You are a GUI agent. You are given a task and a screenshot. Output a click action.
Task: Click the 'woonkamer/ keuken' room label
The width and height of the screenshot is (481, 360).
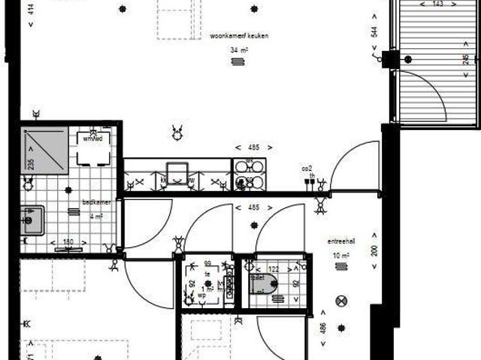pos(239,35)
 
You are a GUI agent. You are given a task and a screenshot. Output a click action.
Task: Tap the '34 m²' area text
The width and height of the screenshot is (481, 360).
pos(240,50)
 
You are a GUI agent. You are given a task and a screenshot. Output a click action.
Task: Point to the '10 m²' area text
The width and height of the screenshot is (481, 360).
pos(340,256)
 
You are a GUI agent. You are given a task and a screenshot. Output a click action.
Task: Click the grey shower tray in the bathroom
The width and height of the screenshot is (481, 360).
pos(45,151)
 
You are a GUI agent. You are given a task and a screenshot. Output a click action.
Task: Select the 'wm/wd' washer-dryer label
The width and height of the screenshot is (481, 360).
pos(92,138)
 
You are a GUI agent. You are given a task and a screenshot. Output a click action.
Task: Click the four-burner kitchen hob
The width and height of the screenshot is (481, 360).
pos(249,174)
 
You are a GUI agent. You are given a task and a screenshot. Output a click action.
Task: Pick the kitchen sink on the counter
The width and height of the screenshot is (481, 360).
pos(178,174)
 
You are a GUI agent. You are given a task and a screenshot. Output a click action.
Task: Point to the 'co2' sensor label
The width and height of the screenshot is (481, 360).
pos(307,168)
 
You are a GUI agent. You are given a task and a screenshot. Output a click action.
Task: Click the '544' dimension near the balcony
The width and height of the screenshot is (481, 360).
pos(373,34)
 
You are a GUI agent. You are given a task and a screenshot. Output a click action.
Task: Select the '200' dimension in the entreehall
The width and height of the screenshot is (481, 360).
pos(374,250)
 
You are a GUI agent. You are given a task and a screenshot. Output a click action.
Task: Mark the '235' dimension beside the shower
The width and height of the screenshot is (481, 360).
pos(31,164)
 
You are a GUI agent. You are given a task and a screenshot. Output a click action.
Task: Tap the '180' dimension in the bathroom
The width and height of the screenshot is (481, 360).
pos(68,242)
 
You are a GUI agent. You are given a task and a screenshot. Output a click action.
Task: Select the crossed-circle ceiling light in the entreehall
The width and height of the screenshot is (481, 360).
pos(342,301)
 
